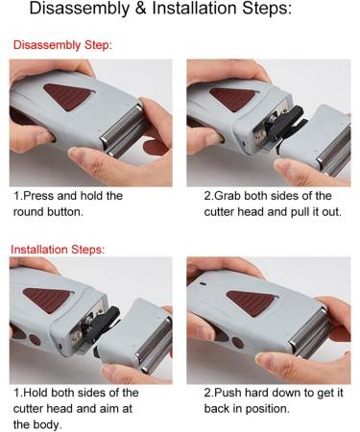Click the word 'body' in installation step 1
click(49, 423)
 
